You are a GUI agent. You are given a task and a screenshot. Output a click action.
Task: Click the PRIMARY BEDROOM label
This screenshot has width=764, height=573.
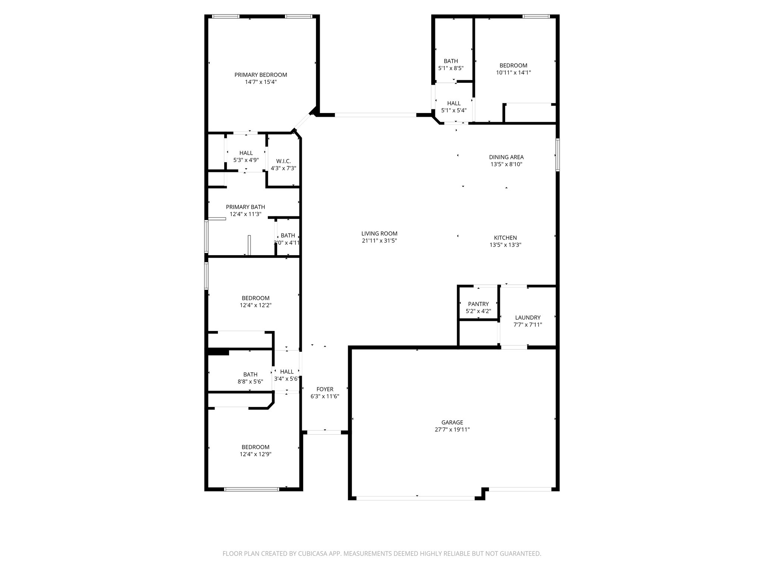coord(260,75)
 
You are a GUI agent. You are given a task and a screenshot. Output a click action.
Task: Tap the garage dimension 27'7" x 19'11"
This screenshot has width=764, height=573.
coord(452,429)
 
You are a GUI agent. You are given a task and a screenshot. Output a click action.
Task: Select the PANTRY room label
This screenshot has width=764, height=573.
coord(478,304)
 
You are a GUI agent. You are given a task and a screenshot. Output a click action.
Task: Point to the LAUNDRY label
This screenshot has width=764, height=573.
coord(527,317)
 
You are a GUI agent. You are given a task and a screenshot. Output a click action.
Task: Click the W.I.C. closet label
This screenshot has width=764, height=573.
coord(283,161)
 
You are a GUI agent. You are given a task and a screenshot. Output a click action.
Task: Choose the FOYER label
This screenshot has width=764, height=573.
coord(325,389)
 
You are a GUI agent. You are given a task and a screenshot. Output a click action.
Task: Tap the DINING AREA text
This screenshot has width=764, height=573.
coord(506,157)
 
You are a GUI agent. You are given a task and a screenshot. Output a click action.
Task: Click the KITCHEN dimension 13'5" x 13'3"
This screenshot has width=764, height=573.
coord(505,245)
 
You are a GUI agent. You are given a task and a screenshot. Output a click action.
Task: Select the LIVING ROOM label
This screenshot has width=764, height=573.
coord(379,234)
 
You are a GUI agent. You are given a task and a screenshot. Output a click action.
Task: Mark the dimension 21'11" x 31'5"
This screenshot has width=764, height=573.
coord(379,241)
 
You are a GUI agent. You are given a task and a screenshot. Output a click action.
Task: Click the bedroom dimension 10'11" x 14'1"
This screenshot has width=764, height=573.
coord(513,73)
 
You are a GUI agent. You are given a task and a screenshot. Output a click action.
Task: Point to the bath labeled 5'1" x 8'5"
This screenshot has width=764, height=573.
coord(451,65)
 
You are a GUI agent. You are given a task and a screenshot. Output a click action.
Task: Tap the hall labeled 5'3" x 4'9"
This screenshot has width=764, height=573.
coord(246,156)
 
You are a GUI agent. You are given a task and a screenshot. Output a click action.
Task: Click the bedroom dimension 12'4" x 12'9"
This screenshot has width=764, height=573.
coord(255,454)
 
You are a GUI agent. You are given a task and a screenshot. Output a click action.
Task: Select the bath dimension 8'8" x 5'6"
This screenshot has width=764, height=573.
coord(250,382)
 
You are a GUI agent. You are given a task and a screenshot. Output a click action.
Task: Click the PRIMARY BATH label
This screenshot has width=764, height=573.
coord(245,207)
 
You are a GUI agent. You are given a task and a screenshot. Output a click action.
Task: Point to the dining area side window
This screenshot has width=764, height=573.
coord(557,154)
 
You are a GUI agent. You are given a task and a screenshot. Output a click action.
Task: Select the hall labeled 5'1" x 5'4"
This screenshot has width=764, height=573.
coord(454,107)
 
